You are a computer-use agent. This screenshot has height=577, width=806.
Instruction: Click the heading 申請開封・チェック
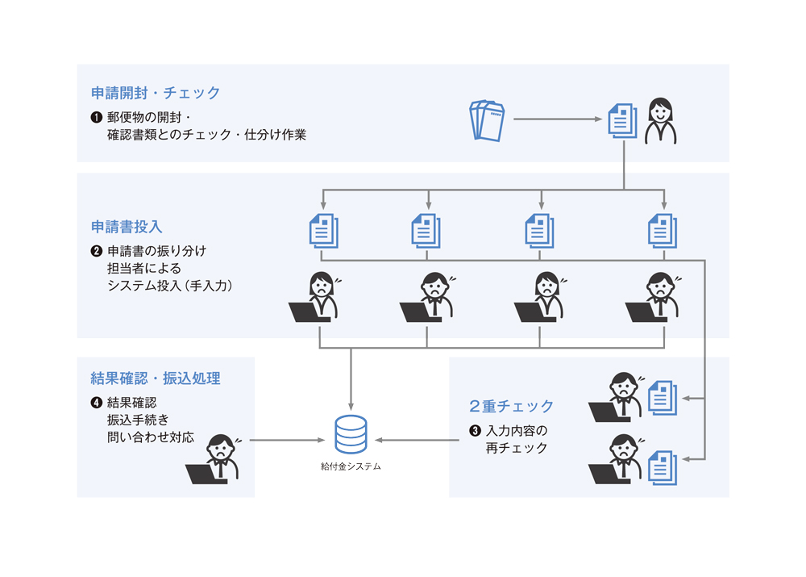pos(156,93)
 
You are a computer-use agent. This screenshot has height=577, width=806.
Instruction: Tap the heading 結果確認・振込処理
pos(156,378)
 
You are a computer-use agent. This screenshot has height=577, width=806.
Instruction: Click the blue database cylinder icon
pos(351,434)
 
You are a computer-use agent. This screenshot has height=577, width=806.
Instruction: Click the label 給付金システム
pos(351,466)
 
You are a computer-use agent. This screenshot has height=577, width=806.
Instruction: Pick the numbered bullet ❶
pos(97,118)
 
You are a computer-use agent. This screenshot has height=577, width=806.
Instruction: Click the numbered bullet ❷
pos(97,251)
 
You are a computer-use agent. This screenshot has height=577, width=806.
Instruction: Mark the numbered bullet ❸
pos(475,430)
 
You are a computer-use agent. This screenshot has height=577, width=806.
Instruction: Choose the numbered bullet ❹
pos(97,403)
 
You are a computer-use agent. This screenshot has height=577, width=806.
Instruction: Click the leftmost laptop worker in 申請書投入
pos(314,299)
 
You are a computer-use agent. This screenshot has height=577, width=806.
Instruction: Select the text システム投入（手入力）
pos(169,285)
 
